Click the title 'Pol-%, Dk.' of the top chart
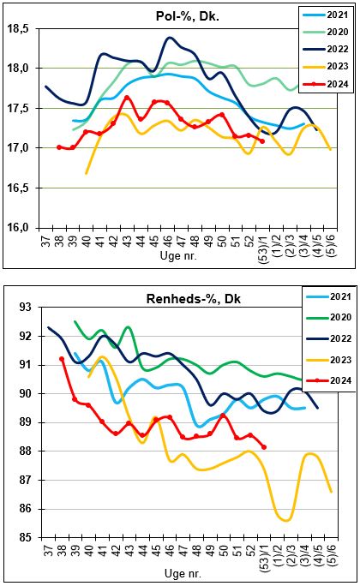[187, 16]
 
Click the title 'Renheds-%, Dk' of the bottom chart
[193, 299]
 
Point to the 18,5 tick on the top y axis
[18, 28]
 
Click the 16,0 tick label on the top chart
[18, 228]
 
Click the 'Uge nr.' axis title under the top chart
[178, 256]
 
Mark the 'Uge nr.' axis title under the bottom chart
[183, 573]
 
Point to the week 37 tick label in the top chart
[46, 239]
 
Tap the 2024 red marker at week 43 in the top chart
[127, 98]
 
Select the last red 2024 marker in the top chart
[262, 141]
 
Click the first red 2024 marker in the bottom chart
[62, 359]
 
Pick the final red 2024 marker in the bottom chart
[264, 447]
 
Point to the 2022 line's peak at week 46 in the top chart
[170, 38]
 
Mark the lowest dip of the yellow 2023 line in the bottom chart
[287, 520]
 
